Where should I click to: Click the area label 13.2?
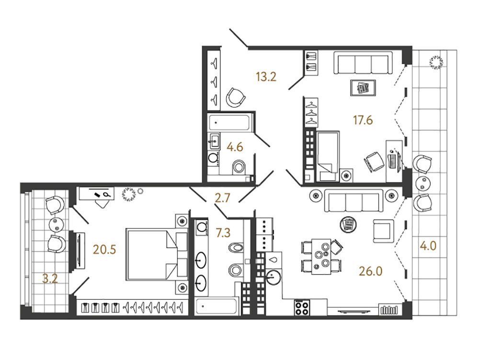pyautogui.click(x=266, y=77)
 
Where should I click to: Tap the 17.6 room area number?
pyautogui.click(x=363, y=120)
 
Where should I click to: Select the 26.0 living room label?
pyautogui.click(x=371, y=271)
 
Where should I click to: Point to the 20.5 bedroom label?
pyautogui.click(x=104, y=250)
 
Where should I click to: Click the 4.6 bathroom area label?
pyautogui.click(x=235, y=147)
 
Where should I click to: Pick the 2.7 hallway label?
pyautogui.click(x=222, y=198)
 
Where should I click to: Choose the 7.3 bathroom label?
pyautogui.click(x=223, y=233)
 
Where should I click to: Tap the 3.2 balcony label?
pyautogui.click(x=50, y=279)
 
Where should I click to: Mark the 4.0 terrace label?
pyautogui.click(x=428, y=246)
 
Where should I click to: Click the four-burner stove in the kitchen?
pyautogui.click(x=302, y=307)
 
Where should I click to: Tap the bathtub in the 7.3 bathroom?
pyautogui.click(x=217, y=306)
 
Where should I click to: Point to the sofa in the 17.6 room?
pyautogui.click(x=363, y=63)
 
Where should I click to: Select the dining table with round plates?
pyautogui.click(x=321, y=256)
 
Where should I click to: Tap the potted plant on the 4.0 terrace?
pyautogui.click(x=436, y=62)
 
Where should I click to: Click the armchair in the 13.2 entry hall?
pyautogui.click(x=236, y=97)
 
